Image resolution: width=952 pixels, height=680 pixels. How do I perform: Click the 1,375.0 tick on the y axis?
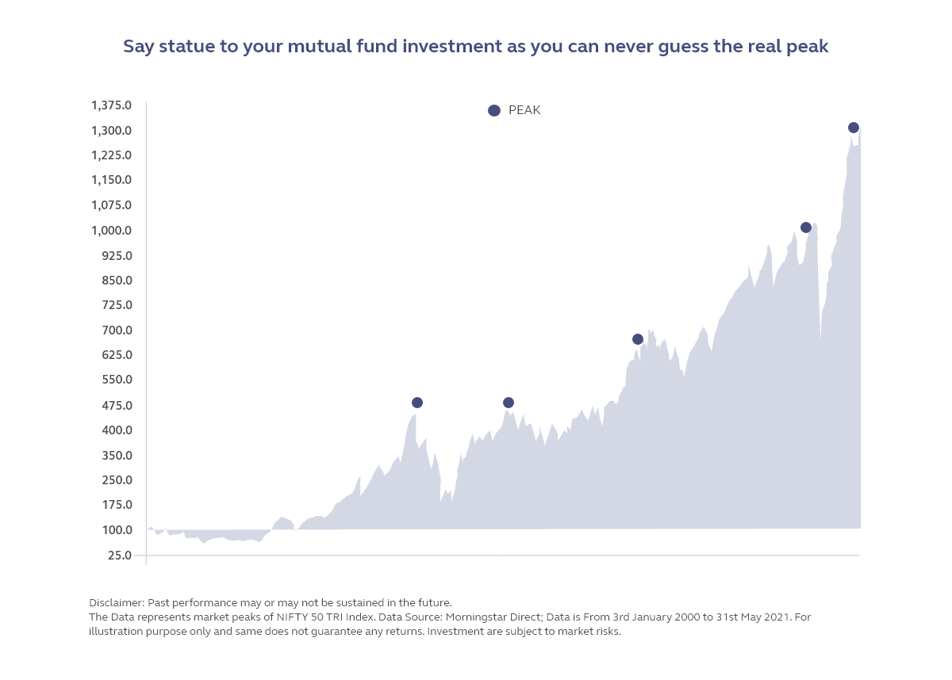click(x=111, y=105)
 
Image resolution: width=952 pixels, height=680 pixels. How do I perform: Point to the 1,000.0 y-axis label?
click(x=111, y=231)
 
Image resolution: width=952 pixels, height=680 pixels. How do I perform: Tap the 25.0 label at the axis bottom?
click(x=119, y=555)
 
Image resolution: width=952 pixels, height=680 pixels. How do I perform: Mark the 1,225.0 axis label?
click(x=111, y=155)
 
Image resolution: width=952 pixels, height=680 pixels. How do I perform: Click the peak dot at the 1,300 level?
click(x=854, y=128)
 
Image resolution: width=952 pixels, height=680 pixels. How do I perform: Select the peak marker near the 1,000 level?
click(x=806, y=227)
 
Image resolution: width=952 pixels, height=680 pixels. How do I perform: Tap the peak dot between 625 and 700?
click(x=638, y=339)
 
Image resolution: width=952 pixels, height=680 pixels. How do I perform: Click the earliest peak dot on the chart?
click(x=417, y=403)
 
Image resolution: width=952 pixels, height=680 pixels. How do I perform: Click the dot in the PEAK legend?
click(x=494, y=111)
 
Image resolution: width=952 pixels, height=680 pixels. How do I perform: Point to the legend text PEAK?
click(x=524, y=111)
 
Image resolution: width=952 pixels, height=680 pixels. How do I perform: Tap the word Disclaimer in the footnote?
click(x=117, y=602)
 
